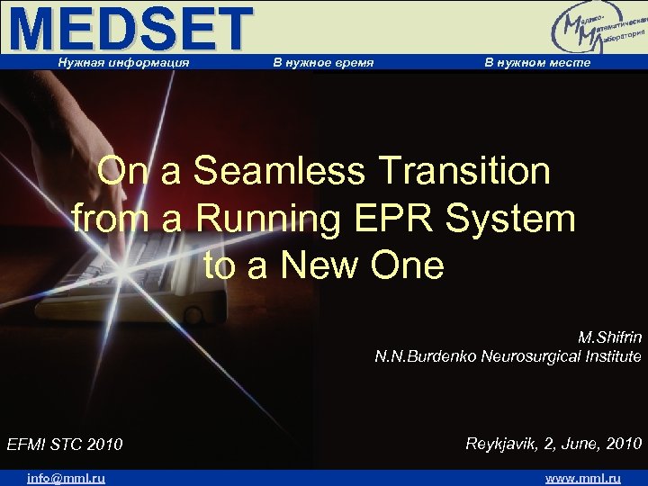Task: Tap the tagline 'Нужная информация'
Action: [x=123, y=63]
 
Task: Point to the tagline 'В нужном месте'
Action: [x=537, y=63]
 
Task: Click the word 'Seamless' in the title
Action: [x=273, y=171]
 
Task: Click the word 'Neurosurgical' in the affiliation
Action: [x=526, y=356]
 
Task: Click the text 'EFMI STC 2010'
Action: [x=64, y=445]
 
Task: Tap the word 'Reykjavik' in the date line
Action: [x=497, y=443]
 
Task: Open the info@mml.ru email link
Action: [x=66, y=478]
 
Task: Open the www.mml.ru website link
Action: [x=589, y=478]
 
